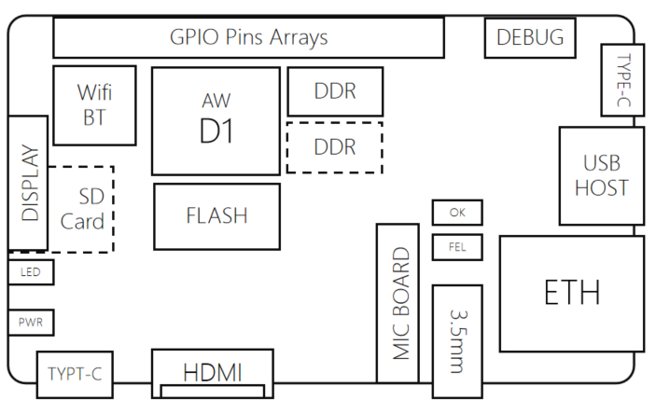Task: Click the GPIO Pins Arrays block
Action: pos(248,38)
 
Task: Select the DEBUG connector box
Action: pos(530,38)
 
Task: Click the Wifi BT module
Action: pos(93,104)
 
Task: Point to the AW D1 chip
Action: pos(216,120)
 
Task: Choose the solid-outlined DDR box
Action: pos(335,92)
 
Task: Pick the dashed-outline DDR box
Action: pos(335,147)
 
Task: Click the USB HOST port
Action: pos(601,175)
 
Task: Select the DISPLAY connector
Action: pos(28,183)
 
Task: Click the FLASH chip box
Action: pos(216,216)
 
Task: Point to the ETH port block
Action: pos(572,294)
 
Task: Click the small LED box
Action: pos(31,272)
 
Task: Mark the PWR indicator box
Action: pos(31,323)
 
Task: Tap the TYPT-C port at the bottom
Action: pos(75,375)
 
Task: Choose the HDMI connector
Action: pos(213,373)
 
